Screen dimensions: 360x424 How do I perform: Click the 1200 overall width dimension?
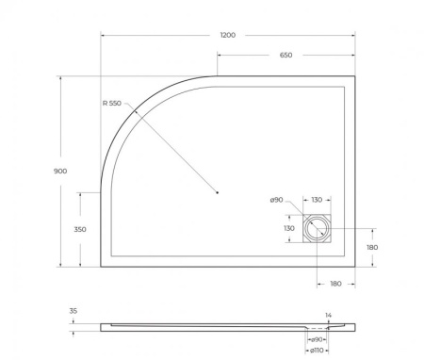(x=227, y=34)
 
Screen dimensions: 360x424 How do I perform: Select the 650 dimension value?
(x=285, y=55)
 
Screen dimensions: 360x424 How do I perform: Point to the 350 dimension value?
(x=80, y=229)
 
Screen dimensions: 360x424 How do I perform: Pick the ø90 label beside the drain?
(x=277, y=200)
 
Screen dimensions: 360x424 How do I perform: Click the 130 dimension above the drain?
(x=316, y=200)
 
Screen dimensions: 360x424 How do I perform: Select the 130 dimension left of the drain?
(x=288, y=227)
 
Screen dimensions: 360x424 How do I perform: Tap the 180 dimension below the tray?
(x=335, y=283)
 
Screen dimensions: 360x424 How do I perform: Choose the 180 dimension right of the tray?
(x=372, y=247)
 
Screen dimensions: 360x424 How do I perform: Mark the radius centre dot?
(x=218, y=193)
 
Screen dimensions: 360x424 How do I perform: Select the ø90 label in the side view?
(x=318, y=339)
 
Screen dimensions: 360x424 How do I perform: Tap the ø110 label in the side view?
(x=318, y=352)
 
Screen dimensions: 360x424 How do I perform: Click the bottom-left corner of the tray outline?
(x=101, y=266)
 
